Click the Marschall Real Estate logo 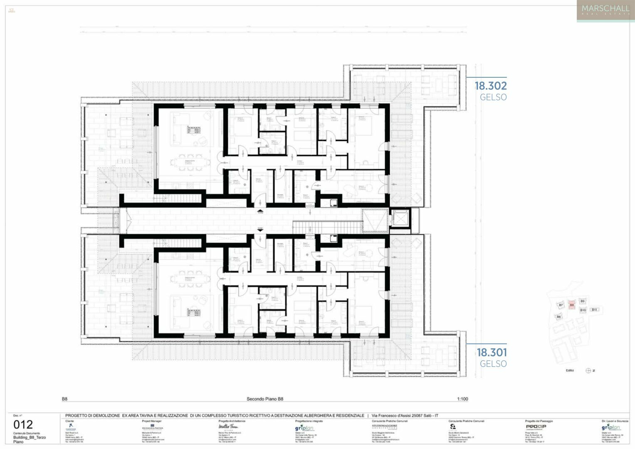pos(605,10)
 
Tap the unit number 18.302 pos(491,86)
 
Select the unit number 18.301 pos(492,353)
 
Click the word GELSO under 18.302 pos(493,97)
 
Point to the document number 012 pos(23,424)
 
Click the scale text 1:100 pos(462,399)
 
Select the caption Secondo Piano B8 pos(265,399)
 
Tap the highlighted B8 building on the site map pos(572,305)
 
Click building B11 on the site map pos(594,310)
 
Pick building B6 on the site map pos(558,317)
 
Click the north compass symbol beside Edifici pos(588,370)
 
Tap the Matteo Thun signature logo pos(228,427)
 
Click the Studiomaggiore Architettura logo pos(385,427)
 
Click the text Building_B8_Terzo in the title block pos(30,437)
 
